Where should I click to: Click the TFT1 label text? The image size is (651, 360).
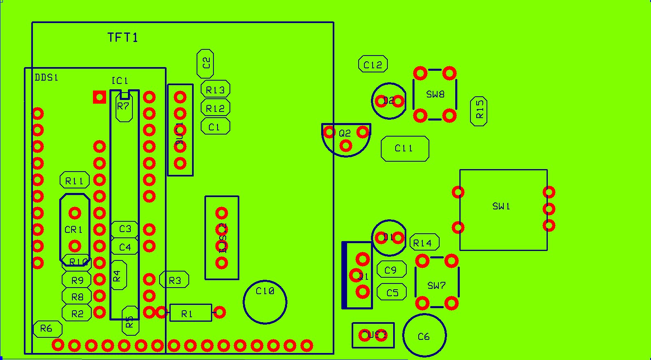coord(123,37)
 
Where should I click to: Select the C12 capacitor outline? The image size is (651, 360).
coord(373,65)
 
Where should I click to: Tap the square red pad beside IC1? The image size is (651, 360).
coord(100,97)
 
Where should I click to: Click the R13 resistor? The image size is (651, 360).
coord(215,89)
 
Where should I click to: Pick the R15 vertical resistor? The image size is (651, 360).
coord(479,111)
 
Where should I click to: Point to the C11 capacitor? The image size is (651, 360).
coord(405,149)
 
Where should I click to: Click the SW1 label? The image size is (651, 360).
coord(501,206)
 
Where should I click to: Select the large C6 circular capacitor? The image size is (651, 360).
coord(424,336)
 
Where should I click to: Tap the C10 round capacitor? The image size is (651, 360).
coord(265,302)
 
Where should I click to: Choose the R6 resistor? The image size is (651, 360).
coord(47,329)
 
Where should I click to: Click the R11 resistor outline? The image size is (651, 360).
coord(74,180)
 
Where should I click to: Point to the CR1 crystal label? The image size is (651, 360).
coord(74,230)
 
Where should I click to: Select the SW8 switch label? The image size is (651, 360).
coord(435,94)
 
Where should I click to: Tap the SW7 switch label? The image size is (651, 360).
coord(436,285)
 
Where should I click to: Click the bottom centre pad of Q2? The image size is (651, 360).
coord(346,146)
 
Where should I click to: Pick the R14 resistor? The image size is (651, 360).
coord(424,243)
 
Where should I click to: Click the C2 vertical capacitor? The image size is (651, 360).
coord(205,63)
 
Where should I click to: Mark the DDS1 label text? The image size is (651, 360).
coord(46,77)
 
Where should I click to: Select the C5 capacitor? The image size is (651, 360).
coord(392,292)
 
